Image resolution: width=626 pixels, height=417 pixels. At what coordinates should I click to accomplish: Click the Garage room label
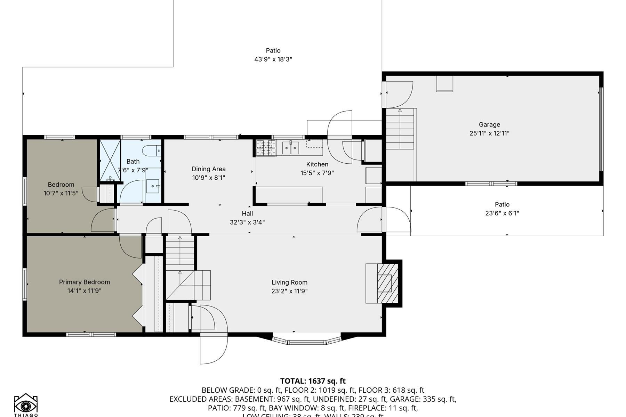coord(489,124)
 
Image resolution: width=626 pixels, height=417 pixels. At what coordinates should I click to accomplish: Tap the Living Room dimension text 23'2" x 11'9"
coord(289,291)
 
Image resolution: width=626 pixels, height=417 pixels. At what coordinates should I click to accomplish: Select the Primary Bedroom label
coord(84,282)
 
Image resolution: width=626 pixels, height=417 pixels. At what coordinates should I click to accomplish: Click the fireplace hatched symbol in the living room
coord(387,283)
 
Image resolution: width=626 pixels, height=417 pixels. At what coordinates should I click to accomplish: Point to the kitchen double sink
coord(290,148)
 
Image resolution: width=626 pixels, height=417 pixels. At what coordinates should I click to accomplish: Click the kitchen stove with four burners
coord(266,148)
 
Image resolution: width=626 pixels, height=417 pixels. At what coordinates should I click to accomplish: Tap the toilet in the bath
coord(151,150)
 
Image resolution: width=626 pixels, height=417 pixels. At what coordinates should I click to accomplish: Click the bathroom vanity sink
coord(153,186)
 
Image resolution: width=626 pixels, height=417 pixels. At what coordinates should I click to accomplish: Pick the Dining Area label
coord(209,169)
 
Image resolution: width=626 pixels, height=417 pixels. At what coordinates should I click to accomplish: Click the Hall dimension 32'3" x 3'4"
coord(247,222)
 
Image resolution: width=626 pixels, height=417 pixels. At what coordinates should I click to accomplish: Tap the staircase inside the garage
coord(400,129)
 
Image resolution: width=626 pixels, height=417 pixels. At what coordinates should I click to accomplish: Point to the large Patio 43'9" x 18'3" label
coord(273,51)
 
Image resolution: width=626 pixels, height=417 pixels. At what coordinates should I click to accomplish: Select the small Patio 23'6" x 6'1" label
coord(502,205)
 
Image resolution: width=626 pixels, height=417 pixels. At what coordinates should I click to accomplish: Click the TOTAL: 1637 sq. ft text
coord(313,381)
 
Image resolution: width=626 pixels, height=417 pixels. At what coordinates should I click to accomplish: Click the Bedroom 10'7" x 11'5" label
coord(61,185)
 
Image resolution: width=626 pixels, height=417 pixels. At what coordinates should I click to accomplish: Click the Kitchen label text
coord(317,164)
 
